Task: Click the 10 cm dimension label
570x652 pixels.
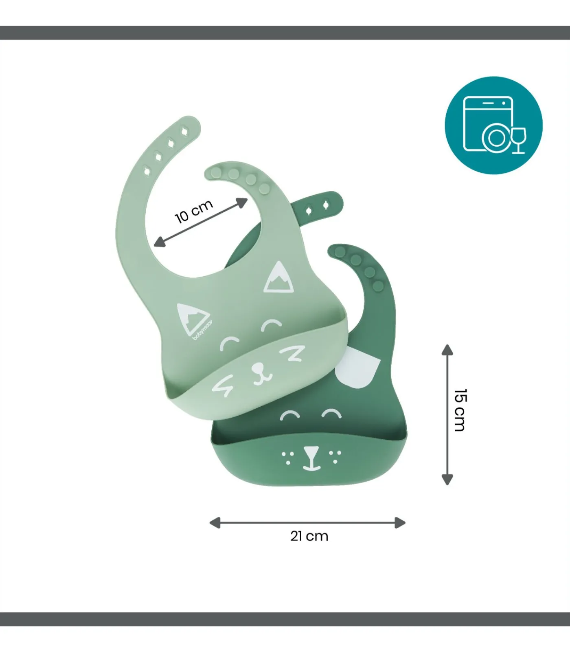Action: (194, 211)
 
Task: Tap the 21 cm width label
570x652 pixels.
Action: (309, 536)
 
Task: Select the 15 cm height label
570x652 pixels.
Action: (460, 410)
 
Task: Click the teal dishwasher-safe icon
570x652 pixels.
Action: (493, 125)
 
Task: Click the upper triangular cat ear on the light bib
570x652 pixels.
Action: (279, 278)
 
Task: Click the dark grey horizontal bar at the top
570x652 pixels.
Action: (285, 33)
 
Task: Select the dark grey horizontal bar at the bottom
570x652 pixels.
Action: (285, 619)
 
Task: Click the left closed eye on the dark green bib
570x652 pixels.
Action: (290, 416)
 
